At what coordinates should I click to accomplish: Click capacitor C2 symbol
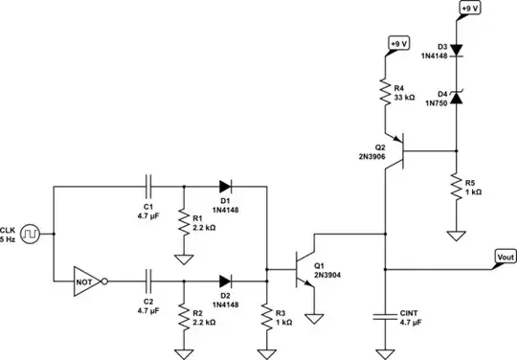[147, 281]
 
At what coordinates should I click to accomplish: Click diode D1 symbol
[226, 184]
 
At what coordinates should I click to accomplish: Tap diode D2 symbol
[226, 281]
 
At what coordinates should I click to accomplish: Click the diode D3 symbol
[456, 48]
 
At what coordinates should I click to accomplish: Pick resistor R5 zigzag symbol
[456, 187]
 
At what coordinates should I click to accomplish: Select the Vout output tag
[504, 257]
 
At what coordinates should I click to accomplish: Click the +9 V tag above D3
[470, 9]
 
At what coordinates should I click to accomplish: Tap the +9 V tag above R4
[399, 44]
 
